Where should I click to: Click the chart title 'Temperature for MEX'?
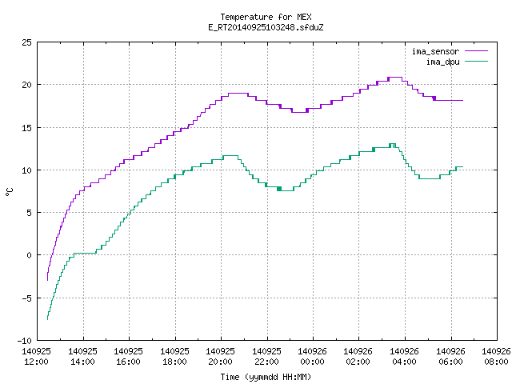(266, 17)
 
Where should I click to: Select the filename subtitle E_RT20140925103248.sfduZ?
(266, 27)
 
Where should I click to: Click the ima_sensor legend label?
(435, 51)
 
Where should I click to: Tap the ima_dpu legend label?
(442, 62)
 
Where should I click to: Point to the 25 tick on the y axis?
(26, 42)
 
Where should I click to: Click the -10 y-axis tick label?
(25, 341)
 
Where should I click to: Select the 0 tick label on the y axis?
(29, 255)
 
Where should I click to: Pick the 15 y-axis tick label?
(26, 128)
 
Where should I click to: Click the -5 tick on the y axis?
(26, 298)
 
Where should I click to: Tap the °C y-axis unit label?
(10, 192)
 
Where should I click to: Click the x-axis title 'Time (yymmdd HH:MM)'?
(266, 377)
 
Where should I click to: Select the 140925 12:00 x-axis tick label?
(37, 357)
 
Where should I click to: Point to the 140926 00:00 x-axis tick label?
(313, 357)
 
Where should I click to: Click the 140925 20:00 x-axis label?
(221, 357)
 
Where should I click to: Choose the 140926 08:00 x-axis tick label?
(496, 357)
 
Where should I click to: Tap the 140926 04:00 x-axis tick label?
(404, 357)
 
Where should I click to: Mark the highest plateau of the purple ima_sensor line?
(395, 78)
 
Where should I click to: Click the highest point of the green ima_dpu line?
(392, 144)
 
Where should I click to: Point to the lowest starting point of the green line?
(48, 319)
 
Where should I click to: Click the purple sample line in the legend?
(476, 51)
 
